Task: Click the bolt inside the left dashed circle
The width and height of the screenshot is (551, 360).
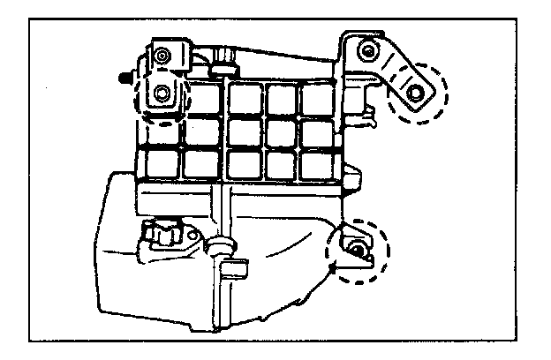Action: pos(162,93)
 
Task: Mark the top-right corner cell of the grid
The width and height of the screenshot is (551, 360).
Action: pos(316,99)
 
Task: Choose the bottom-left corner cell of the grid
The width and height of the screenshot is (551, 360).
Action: pos(161,162)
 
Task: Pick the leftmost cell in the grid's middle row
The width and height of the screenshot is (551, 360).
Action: pos(161,131)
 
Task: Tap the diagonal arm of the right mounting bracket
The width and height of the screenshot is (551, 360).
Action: pos(396,71)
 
